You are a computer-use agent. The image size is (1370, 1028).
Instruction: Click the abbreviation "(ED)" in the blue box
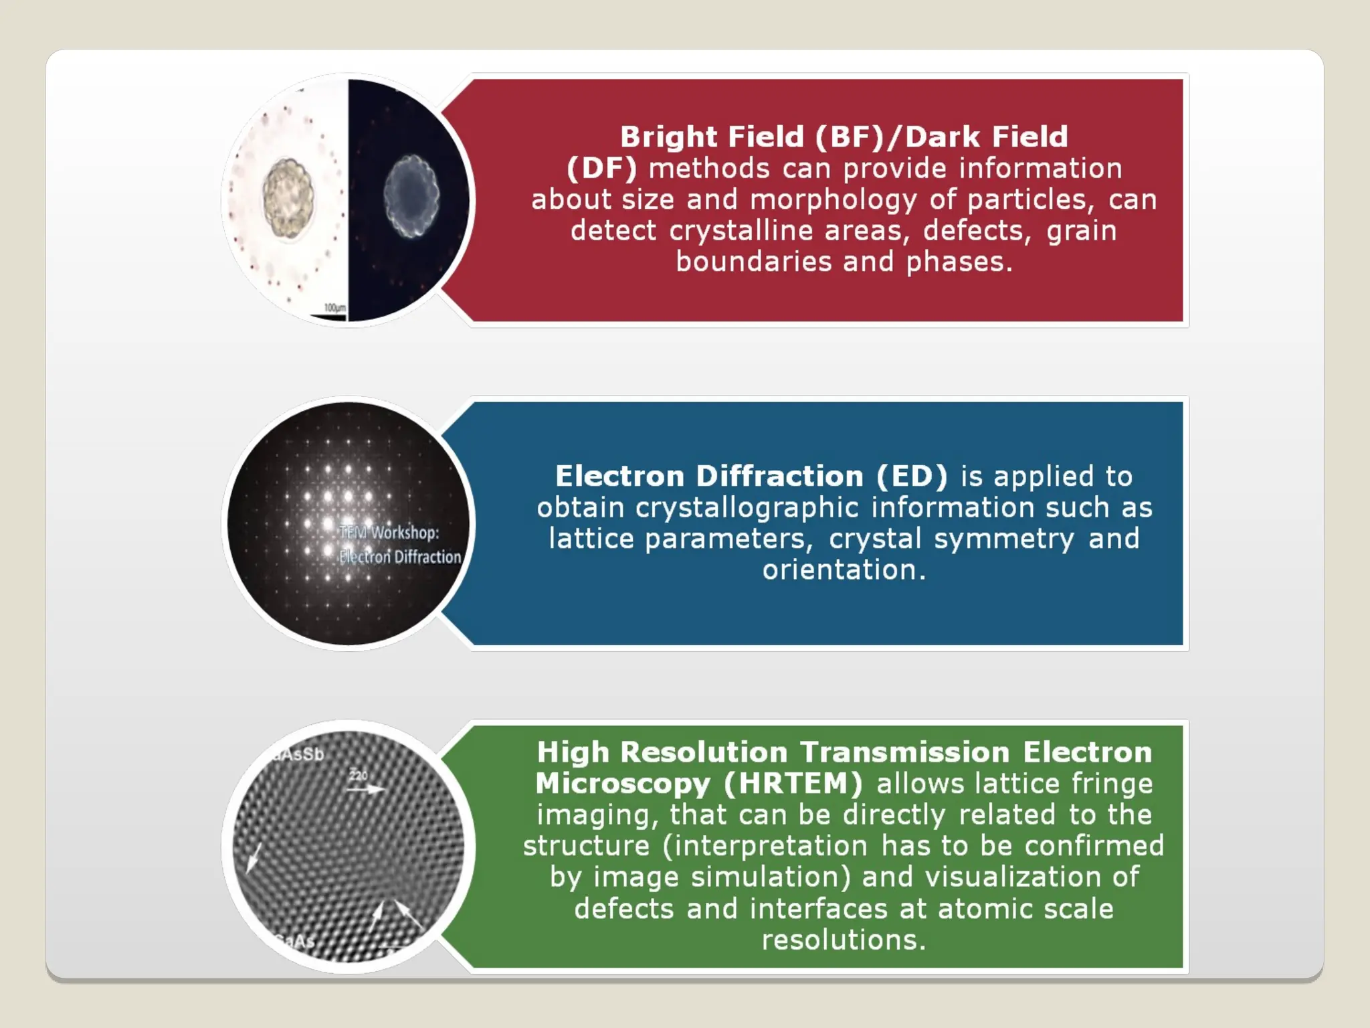(912, 477)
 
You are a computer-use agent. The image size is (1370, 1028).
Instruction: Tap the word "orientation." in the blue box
(844, 570)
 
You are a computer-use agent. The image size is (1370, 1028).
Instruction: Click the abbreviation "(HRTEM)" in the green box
(793, 784)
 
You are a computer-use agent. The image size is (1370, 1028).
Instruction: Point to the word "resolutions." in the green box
(844, 940)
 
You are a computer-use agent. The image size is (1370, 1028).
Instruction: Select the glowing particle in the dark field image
(411, 195)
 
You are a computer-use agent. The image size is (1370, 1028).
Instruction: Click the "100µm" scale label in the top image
(335, 308)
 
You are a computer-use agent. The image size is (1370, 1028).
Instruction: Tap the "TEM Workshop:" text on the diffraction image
(389, 533)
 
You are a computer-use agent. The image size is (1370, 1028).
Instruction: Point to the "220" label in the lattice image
(359, 776)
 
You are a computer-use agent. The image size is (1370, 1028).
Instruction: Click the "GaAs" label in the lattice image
(294, 941)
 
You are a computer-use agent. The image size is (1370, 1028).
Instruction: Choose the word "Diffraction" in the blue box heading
(780, 477)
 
